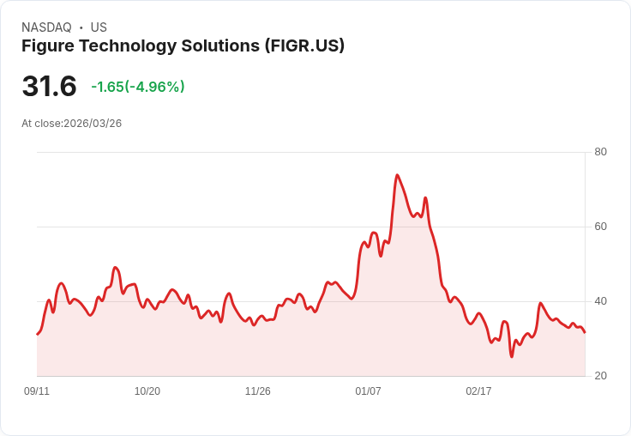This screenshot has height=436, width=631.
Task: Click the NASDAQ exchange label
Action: [46, 27]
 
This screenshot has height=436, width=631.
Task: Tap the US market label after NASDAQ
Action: [99, 27]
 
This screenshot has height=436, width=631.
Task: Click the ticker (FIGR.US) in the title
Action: [304, 45]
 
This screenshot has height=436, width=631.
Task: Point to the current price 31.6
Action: [49, 87]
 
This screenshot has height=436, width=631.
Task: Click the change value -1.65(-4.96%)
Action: [138, 87]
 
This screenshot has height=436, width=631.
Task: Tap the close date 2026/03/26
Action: [93, 124]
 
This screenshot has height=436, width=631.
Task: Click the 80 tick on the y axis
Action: [600, 152]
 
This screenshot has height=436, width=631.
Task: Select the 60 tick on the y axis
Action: [600, 227]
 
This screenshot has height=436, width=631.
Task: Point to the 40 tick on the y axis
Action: [600, 301]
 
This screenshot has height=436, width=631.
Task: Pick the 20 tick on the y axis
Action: [600, 376]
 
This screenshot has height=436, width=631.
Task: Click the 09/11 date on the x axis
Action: [37, 391]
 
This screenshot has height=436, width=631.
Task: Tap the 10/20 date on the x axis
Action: [147, 391]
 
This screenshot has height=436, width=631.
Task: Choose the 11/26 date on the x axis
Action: [258, 391]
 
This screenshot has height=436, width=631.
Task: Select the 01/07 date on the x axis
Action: [369, 391]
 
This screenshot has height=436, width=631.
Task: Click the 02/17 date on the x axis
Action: [478, 391]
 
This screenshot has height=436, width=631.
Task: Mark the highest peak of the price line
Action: [397, 175]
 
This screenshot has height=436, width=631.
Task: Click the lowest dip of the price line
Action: [512, 356]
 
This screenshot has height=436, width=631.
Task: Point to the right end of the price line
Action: [585, 333]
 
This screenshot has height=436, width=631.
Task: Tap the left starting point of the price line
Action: [37, 334]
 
